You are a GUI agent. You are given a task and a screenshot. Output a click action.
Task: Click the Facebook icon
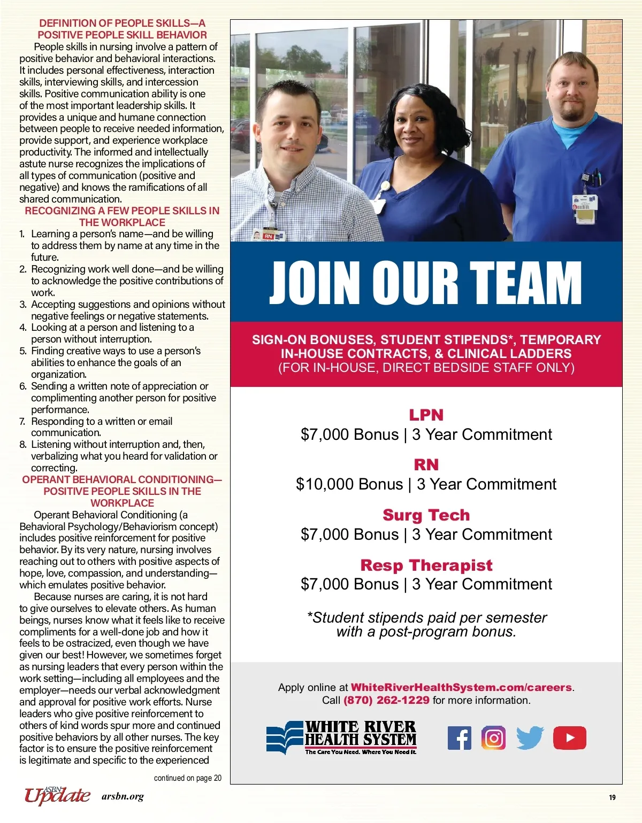click(x=459, y=738)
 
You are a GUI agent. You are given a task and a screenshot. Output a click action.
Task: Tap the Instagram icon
click(x=493, y=738)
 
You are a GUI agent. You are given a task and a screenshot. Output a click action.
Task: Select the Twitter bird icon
click(x=530, y=738)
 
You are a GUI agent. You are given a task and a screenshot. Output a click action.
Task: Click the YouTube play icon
click(x=569, y=738)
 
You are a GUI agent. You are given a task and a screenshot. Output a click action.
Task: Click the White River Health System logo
click(x=342, y=738)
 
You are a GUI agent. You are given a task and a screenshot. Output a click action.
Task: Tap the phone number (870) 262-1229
click(x=386, y=700)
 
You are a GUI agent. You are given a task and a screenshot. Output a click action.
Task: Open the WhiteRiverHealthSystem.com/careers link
click(x=461, y=687)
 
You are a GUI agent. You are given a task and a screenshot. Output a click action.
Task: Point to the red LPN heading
click(x=426, y=415)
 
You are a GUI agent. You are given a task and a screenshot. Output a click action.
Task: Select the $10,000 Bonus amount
click(x=349, y=484)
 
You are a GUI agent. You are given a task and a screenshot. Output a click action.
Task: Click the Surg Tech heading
click(x=426, y=515)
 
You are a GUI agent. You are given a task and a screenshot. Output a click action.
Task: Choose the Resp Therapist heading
click(x=426, y=565)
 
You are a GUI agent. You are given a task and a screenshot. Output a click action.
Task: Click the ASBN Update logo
click(x=57, y=796)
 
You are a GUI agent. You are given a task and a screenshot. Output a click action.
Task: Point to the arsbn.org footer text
click(x=123, y=797)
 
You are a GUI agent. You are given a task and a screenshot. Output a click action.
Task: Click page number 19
click(x=612, y=797)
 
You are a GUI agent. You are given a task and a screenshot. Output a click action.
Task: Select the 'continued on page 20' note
click(x=187, y=778)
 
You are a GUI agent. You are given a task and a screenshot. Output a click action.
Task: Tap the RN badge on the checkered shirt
click(x=267, y=236)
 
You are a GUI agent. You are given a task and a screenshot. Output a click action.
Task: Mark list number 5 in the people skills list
click(x=22, y=351)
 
